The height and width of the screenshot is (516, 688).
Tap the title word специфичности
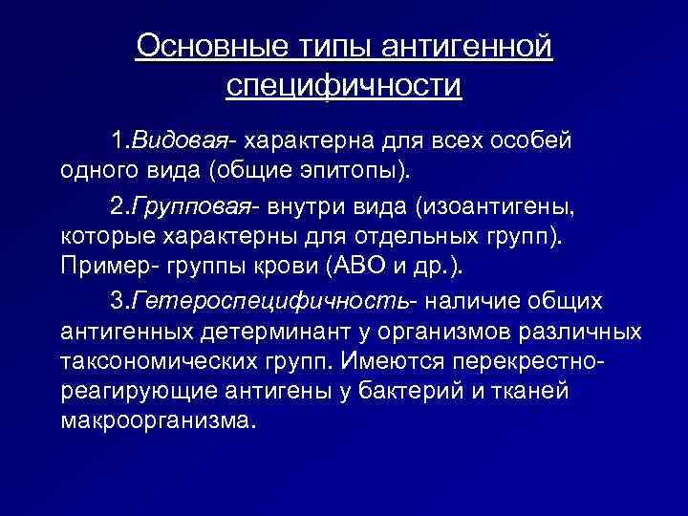coord(344,85)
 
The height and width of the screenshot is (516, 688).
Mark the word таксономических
coord(159,361)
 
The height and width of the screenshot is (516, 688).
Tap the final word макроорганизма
coord(158,420)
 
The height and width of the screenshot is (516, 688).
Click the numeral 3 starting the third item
coord(118,301)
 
